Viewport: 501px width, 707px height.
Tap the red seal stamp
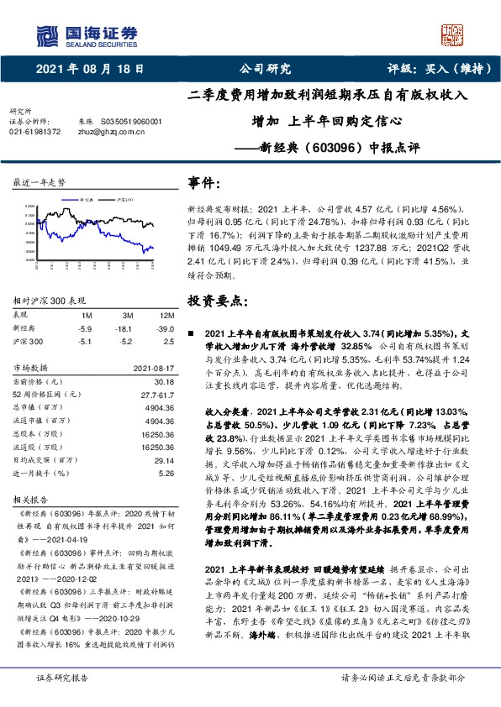(452, 33)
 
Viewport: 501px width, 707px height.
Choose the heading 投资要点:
(218, 300)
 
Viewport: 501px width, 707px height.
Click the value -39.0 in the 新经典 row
(165, 327)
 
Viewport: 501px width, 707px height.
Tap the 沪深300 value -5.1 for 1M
(85, 341)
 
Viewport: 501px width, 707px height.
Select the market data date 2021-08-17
(152, 368)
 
